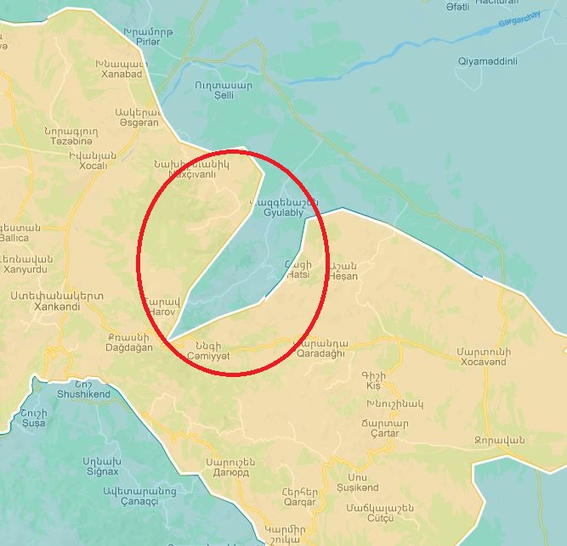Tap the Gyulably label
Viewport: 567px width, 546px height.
[x=284, y=213]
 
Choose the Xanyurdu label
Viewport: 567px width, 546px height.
[x=28, y=269]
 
